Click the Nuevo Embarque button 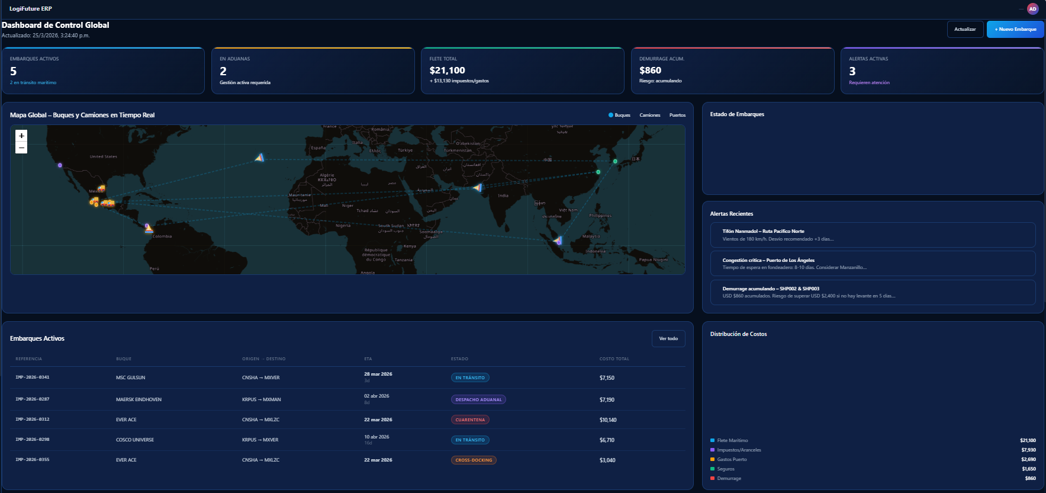1015,29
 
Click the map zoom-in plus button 21,136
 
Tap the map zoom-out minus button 21,148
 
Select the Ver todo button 668,338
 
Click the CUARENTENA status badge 470,420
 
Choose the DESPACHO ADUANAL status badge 478,399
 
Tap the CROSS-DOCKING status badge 474,460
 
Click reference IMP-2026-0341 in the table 33,377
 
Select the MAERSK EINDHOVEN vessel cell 139,399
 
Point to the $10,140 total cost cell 608,420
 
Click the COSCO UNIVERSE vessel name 135,440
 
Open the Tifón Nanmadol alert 872,235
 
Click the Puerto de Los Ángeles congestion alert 872,263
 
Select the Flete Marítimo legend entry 732,440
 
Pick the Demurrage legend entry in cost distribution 729,478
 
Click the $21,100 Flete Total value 447,71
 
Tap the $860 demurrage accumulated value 650,71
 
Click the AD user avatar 1032,9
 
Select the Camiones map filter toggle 649,115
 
